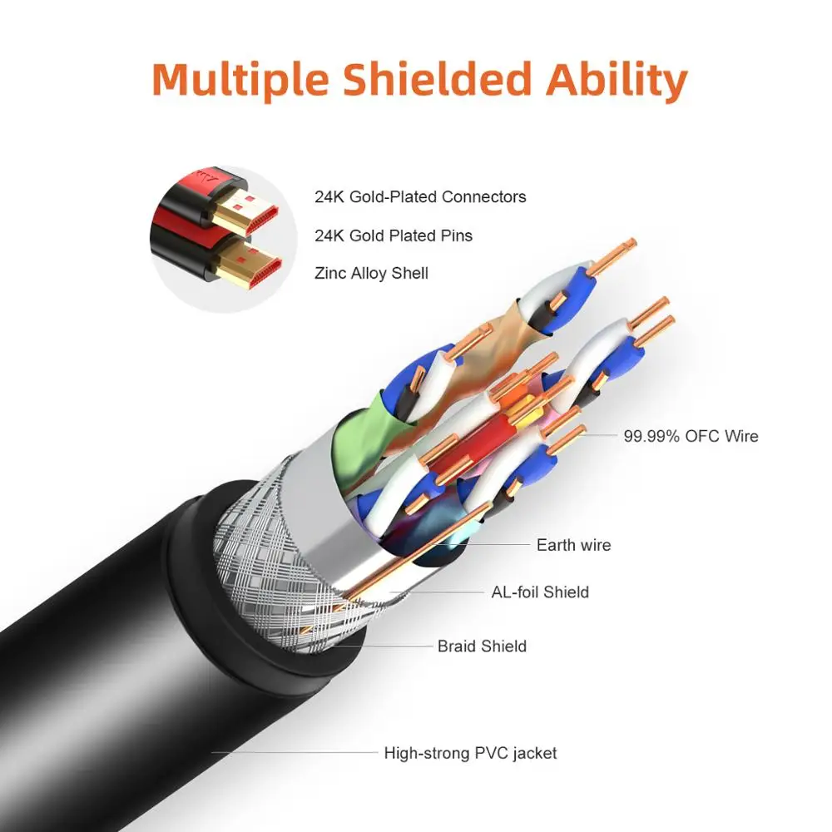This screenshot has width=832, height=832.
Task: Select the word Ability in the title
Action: click(615, 80)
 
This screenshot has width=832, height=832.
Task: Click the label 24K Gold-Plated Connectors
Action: click(420, 197)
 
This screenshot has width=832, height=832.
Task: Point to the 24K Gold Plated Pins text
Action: click(394, 235)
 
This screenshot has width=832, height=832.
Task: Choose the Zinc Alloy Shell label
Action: click(371, 272)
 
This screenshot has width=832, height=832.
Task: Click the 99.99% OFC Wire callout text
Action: click(691, 435)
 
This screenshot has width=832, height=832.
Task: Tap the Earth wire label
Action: click(573, 545)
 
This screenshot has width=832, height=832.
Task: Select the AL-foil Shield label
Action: click(539, 592)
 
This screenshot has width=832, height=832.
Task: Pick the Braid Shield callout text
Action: click(482, 646)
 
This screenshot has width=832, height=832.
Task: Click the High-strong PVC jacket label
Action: click(470, 753)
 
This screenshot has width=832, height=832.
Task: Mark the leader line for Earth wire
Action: click(499, 545)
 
